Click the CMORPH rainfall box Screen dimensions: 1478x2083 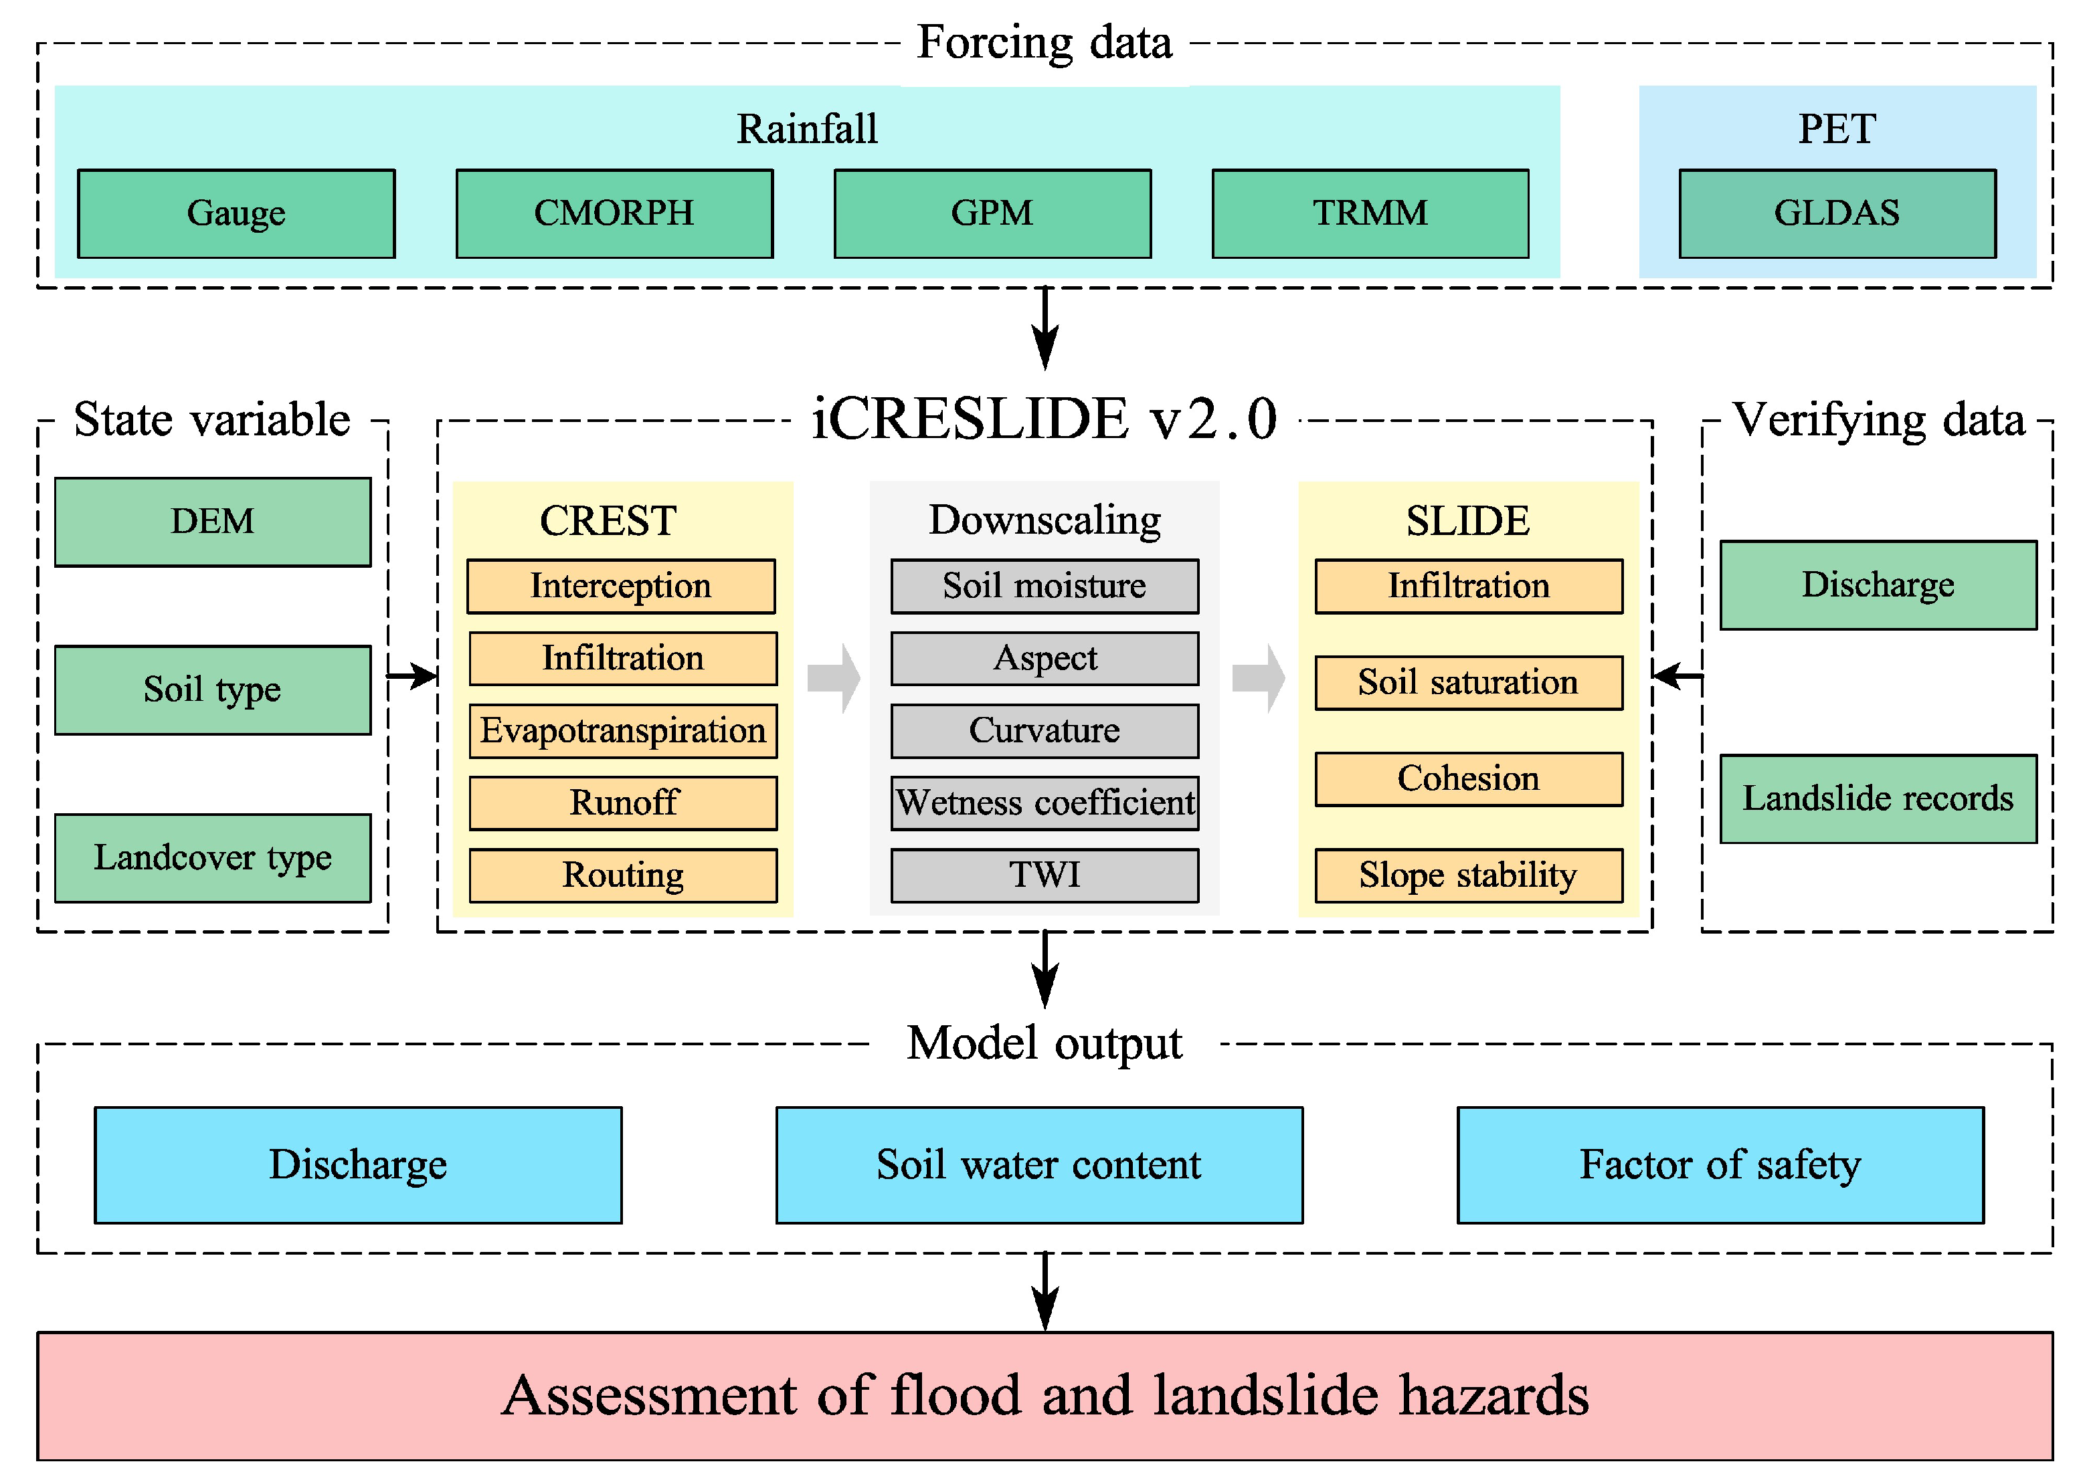pos(614,213)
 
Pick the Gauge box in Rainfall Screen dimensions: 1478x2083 pos(236,213)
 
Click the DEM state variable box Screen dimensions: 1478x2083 pos(212,522)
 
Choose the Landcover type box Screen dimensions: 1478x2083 pos(212,857)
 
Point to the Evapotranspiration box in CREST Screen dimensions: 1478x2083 pos(623,730)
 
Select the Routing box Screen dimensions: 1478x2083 pos(623,875)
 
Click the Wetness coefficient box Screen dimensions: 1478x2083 pos(1045,802)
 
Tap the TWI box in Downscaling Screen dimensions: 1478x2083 pos(1045,875)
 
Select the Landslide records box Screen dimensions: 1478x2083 pos(1878,798)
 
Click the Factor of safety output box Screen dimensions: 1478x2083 pos(1720,1164)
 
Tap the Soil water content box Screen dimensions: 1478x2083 pos(1038,1164)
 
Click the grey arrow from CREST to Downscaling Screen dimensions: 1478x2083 pos(834,677)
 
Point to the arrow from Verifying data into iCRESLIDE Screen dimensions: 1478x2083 pos(1676,676)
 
